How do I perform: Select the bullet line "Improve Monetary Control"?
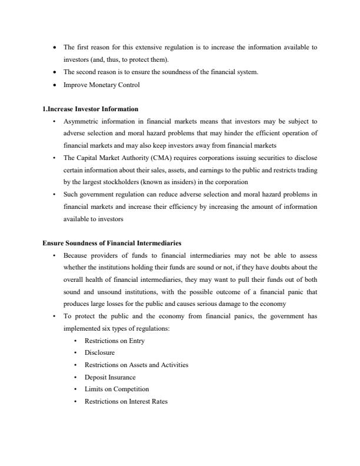(101, 85)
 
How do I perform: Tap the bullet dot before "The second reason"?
(55, 72)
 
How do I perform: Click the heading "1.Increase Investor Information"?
(91, 109)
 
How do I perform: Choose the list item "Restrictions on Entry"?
(114, 341)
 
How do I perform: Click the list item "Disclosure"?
(99, 353)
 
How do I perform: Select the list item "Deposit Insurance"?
(110, 377)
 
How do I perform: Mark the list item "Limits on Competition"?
(116, 389)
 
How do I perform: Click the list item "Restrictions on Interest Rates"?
(126, 401)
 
